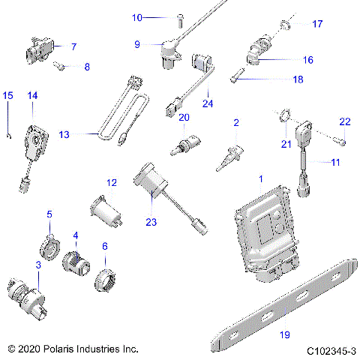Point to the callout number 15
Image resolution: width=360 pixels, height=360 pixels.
click(8, 95)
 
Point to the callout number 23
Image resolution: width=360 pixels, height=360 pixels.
click(151, 221)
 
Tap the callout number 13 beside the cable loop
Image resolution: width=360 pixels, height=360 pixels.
click(64, 134)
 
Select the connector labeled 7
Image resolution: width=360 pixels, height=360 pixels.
click(39, 50)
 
